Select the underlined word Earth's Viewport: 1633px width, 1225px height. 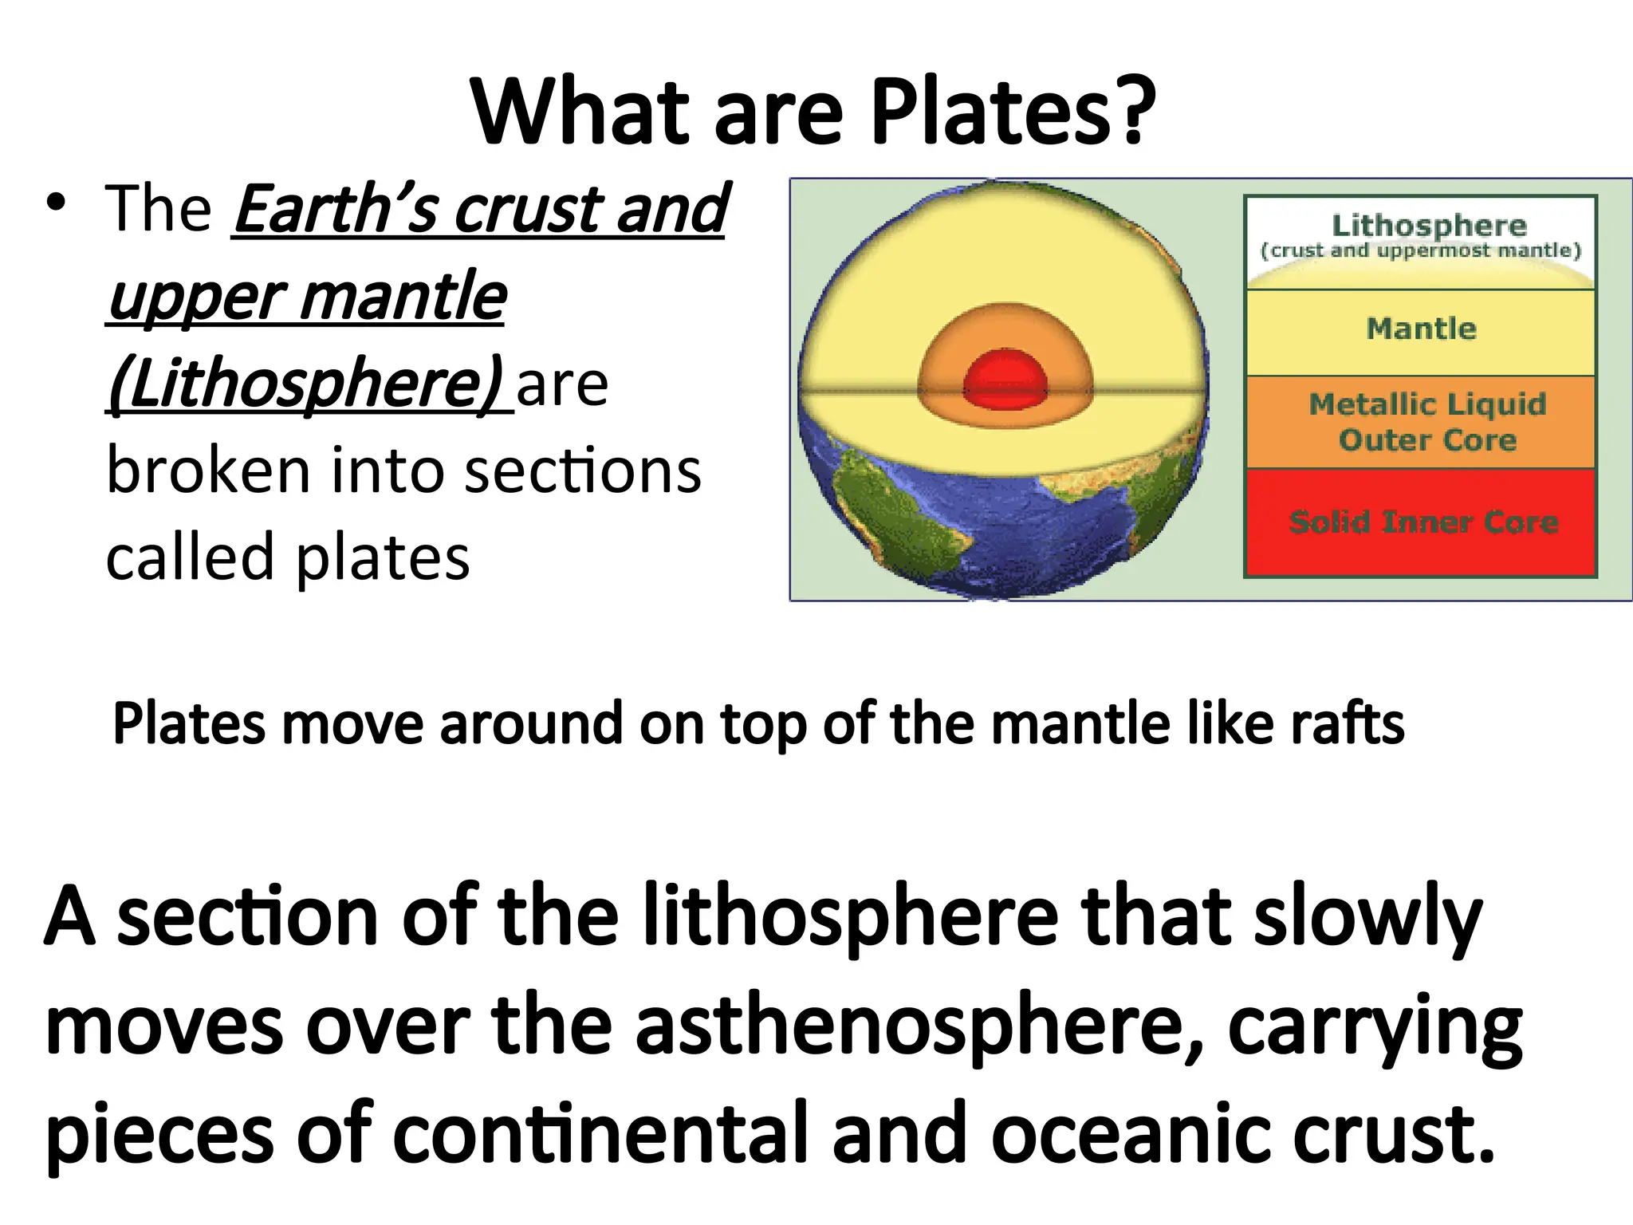336,209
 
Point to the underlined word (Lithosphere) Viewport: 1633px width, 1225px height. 306,384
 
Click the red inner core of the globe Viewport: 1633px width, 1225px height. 1005,379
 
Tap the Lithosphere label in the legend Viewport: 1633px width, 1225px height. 1428,226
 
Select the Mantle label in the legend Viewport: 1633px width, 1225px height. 1422,329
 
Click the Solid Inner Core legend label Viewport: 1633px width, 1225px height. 1424,522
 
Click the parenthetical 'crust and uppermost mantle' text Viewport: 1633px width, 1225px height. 1420,250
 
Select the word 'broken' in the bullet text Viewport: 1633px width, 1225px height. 208,471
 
